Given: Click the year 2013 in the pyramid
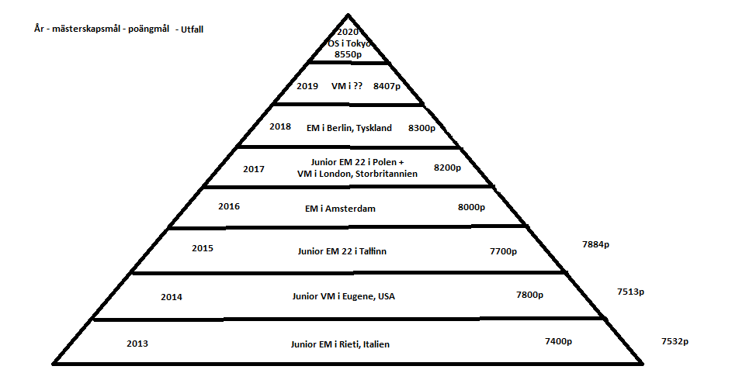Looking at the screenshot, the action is click(x=137, y=344).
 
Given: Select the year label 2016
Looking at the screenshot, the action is click(x=229, y=206).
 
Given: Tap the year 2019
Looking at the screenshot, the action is click(x=307, y=86).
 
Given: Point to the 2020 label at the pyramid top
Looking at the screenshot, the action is click(x=348, y=32).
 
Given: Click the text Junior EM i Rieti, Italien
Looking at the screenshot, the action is click(x=340, y=344).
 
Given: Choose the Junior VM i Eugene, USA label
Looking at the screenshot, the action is click(x=344, y=296).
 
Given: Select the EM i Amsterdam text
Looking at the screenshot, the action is click(x=340, y=209).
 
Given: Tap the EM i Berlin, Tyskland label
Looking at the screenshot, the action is click(x=349, y=128).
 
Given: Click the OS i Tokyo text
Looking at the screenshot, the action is click(x=349, y=43).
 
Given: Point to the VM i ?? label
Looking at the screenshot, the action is click(x=346, y=86).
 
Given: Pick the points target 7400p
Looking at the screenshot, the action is click(x=558, y=341).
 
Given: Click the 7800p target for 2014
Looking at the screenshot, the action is click(x=529, y=295).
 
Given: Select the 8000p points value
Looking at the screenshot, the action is click(x=471, y=207).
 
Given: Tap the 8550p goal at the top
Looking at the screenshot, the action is click(x=348, y=54).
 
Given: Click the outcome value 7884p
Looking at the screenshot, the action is click(x=595, y=244).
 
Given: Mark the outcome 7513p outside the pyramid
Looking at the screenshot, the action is click(x=630, y=292).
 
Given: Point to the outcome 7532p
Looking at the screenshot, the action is click(x=675, y=341).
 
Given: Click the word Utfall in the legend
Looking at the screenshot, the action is click(x=192, y=29).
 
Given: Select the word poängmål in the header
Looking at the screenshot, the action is click(x=148, y=29).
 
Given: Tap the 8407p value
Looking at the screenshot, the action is click(x=387, y=86).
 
